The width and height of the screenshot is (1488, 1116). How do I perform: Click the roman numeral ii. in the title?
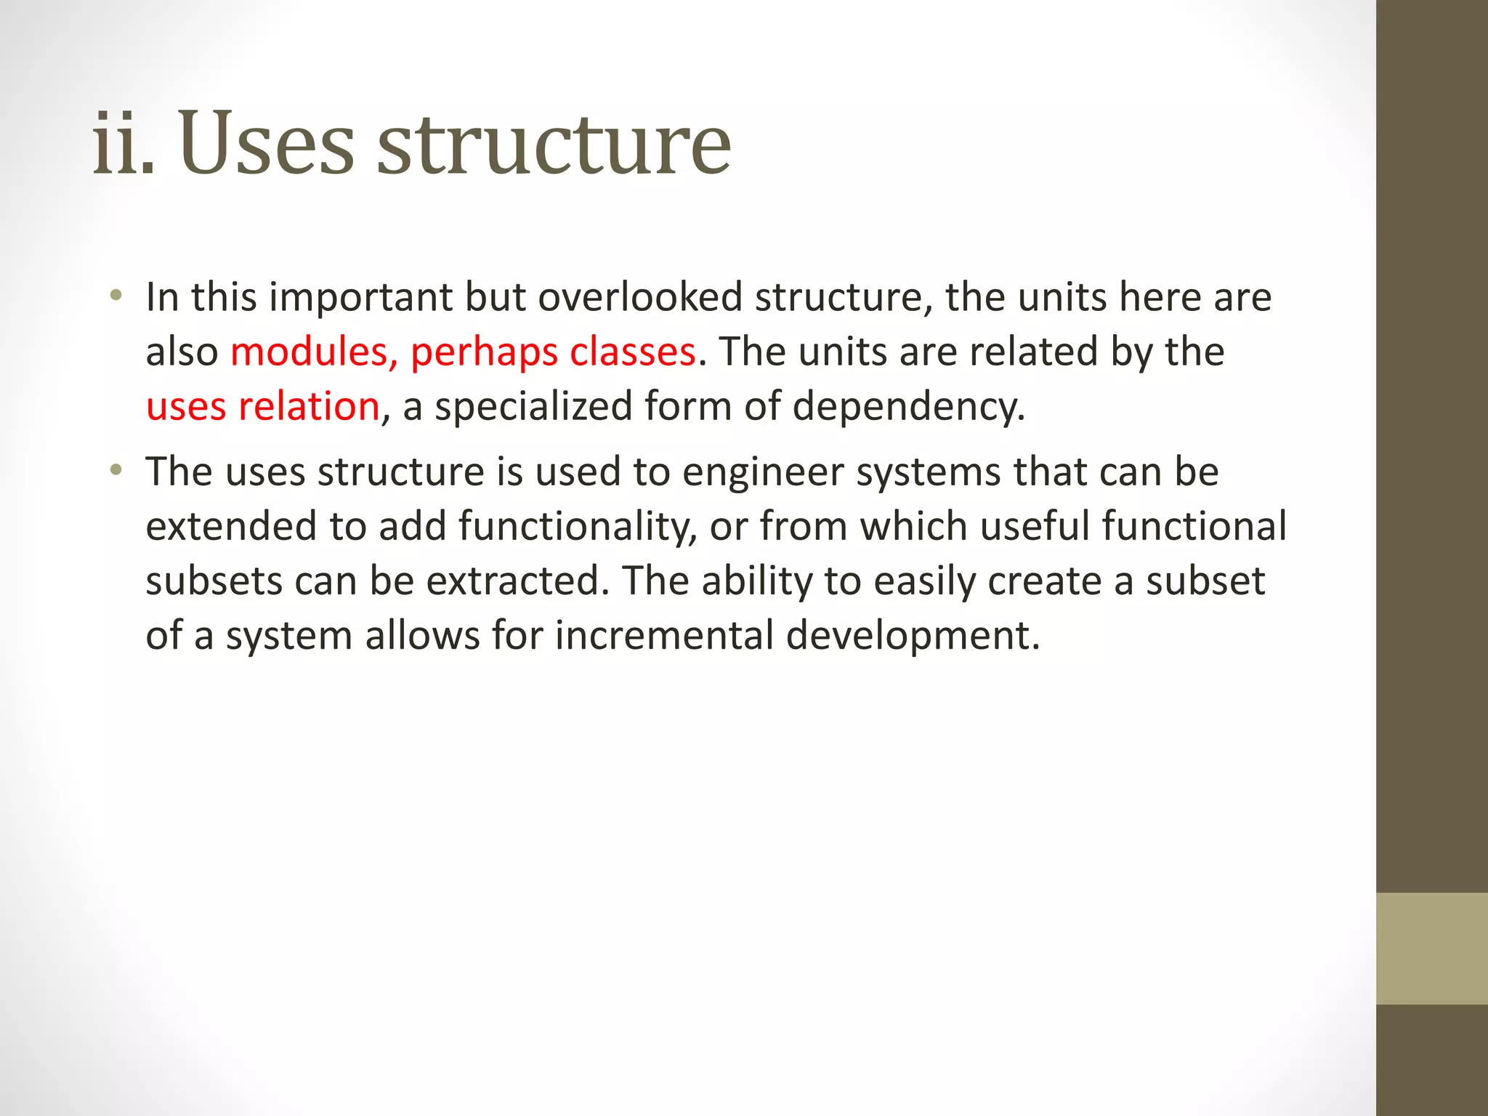tap(123, 143)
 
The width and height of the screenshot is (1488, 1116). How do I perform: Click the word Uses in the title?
tap(266, 143)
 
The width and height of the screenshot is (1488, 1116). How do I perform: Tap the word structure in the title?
tap(554, 143)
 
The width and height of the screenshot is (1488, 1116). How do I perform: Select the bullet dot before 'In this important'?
tap(116, 296)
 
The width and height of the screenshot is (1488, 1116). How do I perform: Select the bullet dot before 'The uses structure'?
tap(116, 470)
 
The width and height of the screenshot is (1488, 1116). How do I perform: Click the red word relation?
tap(309, 407)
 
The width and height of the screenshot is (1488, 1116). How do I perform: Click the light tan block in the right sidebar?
tap(1431, 948)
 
